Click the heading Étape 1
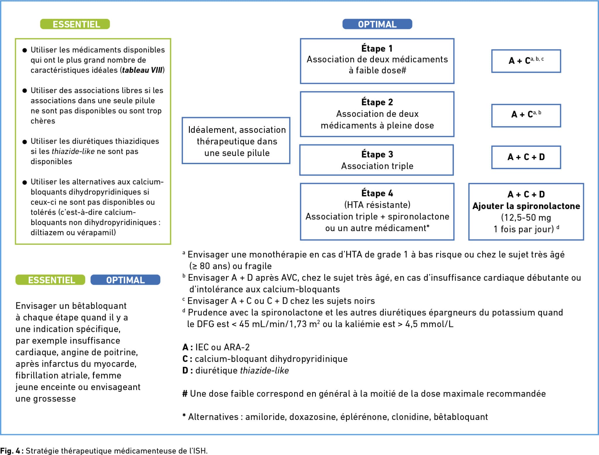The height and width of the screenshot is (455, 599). click(377, 49)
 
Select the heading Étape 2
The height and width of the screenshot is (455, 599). click(377, 102)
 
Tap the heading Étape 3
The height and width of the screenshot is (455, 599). click(377, 154)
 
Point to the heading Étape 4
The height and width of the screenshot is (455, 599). click(377, 193)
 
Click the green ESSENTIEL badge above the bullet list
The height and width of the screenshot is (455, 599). click(75, 24)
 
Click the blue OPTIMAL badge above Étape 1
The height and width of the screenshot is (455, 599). click(377, 24)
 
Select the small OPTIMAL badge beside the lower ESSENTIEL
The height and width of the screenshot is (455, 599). click(125, 280)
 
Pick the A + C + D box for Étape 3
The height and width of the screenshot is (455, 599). click(526, 157)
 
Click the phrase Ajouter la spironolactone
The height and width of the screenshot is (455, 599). click(526, 206)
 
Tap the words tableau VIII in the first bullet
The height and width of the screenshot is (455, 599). click(142, 70)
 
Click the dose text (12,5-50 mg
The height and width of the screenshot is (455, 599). click(526, 218)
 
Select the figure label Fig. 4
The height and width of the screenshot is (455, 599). click(10, 451)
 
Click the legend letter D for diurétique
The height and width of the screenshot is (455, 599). click(185, 370)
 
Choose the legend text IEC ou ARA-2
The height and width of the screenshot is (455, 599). click(223, 347)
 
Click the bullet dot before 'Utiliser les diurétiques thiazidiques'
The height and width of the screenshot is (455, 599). click(25, 142)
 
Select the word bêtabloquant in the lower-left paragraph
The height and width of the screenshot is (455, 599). click(99, 306)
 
